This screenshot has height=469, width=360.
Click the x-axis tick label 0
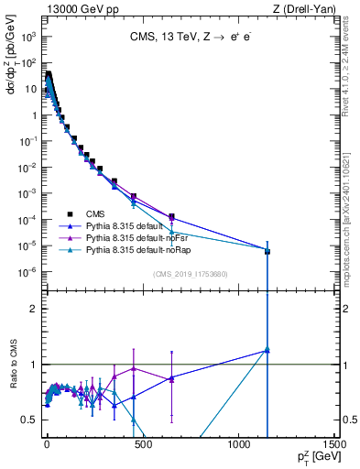coord(47,443)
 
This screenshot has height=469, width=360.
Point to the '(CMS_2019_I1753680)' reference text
coord(191,274)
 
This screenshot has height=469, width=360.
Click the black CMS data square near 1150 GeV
coord(267,250)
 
